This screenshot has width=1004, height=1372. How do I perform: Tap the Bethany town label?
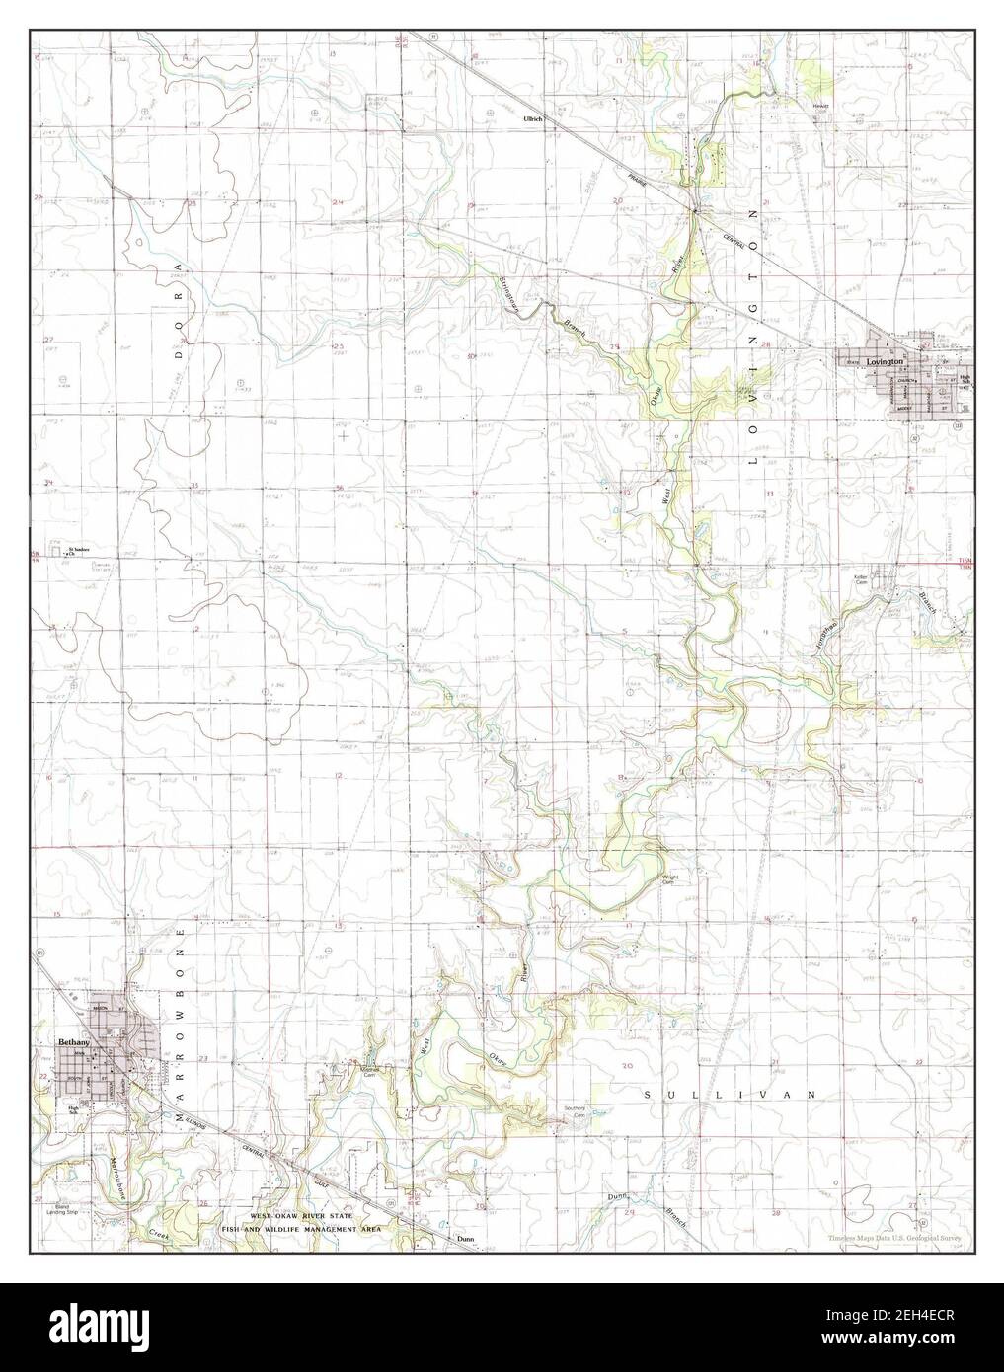click(x=74, y=1042)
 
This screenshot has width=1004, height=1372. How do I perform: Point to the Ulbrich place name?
click(x=534, y=118)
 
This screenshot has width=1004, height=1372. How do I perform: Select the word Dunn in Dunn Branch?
click(x=618, y=1196)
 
